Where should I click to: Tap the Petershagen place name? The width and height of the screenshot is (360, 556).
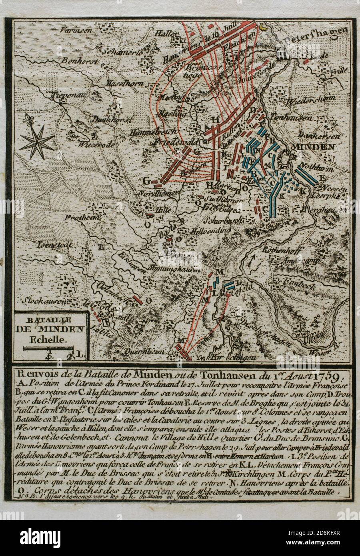pos(316,42)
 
